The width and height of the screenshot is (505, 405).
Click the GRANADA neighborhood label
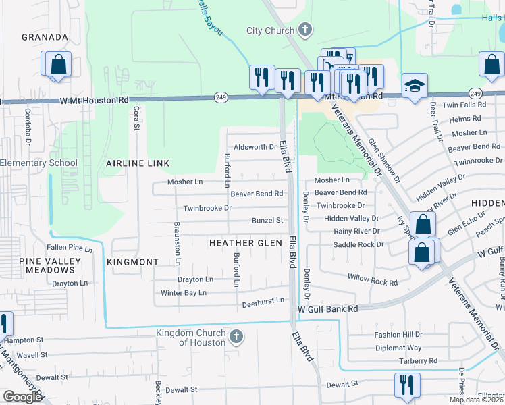45,37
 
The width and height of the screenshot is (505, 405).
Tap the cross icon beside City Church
305,30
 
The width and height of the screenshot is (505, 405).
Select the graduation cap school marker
415,86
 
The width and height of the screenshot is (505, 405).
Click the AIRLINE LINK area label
138,163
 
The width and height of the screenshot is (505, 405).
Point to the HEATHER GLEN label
244,243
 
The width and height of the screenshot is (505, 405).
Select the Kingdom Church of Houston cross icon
236,337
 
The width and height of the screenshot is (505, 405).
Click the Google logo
22,397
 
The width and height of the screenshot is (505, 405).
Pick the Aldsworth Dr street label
255,147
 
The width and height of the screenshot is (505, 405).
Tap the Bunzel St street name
267,221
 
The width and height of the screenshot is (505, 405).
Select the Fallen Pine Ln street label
69,248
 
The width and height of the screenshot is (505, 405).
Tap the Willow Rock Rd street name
373,278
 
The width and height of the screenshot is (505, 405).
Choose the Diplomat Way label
398,348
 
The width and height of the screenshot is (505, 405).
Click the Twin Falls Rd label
463,105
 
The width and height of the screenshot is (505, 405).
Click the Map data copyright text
475,400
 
